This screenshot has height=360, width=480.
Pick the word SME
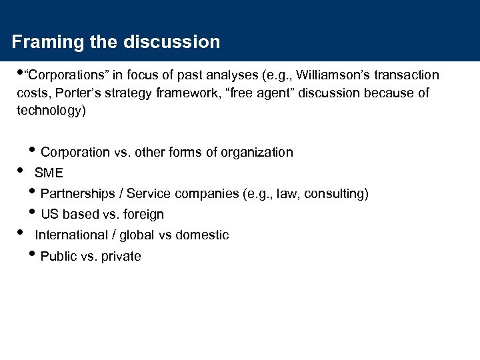point(49,173)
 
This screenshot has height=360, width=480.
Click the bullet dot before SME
point(19,171)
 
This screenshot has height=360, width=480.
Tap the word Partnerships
point(80,194)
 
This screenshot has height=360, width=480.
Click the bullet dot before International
point(19,233)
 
